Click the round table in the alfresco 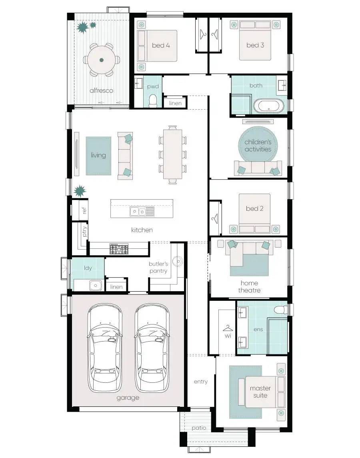coord(101,60)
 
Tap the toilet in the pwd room coord(153,101)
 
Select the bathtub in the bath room coord(269,106)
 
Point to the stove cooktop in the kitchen coord(119,249)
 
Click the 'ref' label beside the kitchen coord(84,210)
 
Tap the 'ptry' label coord(84,232)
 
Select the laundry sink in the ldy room coord(95,285)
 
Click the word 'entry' coord(201,382)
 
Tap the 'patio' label coord(199,428)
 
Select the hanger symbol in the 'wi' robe coord(228,328)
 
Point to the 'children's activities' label coord(258,146)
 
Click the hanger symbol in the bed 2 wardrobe coord(215,218)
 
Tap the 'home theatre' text coord(249,287)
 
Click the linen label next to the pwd coord(175,103)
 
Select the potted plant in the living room coord(80,190)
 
